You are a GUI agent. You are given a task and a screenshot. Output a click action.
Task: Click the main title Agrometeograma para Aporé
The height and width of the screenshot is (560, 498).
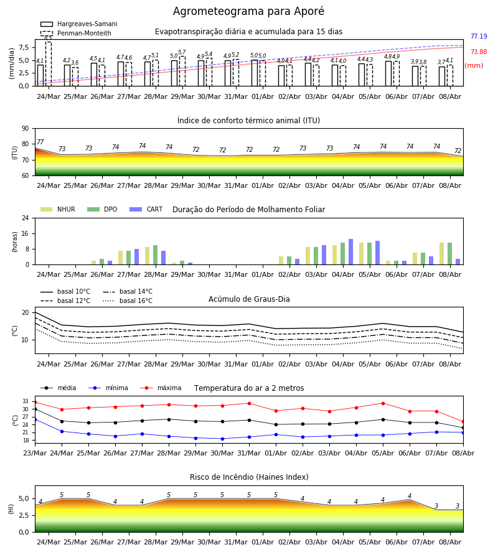pos(248,11)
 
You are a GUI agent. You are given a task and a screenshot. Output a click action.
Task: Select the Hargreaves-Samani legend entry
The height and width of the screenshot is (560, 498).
pos(78,24)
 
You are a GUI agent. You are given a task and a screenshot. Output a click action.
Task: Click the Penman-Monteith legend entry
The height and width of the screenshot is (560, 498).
pos(76,33)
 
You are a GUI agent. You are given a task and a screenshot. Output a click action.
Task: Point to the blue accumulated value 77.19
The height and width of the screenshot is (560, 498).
pos(479,36)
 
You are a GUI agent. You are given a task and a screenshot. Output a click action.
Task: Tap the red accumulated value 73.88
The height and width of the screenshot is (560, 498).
pos(479,52)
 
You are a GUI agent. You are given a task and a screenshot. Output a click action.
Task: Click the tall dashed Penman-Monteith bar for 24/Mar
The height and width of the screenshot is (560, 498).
pos(48,64)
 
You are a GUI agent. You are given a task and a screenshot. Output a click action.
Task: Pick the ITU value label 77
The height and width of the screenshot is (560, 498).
pos(40,142)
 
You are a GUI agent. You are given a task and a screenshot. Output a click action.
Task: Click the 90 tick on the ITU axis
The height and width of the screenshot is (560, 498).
pos(26,129)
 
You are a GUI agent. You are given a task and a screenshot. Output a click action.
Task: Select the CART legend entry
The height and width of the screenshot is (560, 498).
pos(146,209)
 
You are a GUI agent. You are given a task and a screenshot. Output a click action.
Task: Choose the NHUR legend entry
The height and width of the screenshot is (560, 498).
pos(58,209)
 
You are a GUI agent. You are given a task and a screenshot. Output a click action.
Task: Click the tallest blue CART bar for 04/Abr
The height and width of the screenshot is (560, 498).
pos(351,252)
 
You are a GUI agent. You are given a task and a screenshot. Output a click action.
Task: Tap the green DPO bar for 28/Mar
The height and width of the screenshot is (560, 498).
pos(156,255)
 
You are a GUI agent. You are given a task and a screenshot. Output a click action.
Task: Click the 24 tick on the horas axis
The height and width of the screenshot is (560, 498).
pos(26,218)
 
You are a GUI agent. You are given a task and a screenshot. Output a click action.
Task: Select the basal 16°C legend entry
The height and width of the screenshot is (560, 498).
pos(128,301)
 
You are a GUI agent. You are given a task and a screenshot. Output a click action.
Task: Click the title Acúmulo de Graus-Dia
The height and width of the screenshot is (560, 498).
pos(249,299)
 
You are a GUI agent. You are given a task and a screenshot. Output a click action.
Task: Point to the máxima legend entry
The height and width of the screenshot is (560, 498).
pos(161,388)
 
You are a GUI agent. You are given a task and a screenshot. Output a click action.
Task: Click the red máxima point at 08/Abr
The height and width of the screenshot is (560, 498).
pos(463,422)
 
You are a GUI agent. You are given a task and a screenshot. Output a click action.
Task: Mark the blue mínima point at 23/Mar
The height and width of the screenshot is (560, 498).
pos(35,419)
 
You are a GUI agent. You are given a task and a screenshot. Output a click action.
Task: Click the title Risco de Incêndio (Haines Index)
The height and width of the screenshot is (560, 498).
pos(249,477)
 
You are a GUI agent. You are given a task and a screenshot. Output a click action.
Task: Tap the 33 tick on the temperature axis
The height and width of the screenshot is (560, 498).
pos(26,401)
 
